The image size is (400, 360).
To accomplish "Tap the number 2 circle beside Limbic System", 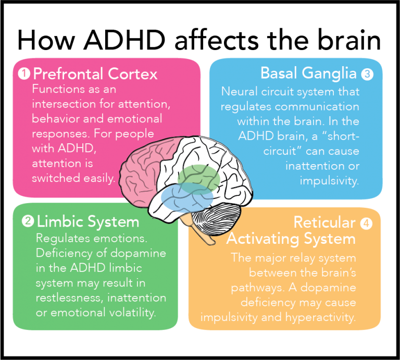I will [x=28, y=222].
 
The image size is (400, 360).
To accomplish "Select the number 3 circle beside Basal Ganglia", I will [x=368, y=74].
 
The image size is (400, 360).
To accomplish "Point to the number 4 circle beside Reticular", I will [x=367, y=224].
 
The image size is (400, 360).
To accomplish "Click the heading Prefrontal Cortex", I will [x=95, y=74].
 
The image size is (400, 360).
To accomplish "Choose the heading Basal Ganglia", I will [x=308, y=73].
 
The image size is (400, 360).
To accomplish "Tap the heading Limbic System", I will [x=87, y=222].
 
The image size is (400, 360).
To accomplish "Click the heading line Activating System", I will [x=291, y=239].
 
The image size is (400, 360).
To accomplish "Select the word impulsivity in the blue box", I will [x=329, y=181].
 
